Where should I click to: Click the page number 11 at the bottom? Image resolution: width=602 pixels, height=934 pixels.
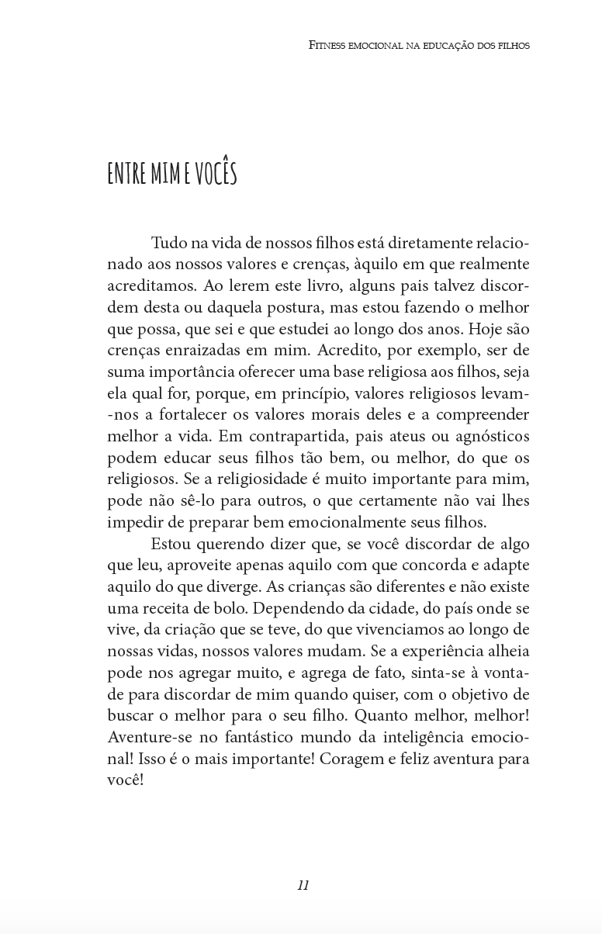(x=303, y=885)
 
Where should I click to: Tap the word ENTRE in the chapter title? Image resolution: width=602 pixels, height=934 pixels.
(x=127, y=174)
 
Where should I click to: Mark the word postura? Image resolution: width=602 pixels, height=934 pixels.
(x=273, y=307)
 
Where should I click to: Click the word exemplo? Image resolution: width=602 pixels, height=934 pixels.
(x=447, y=350)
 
